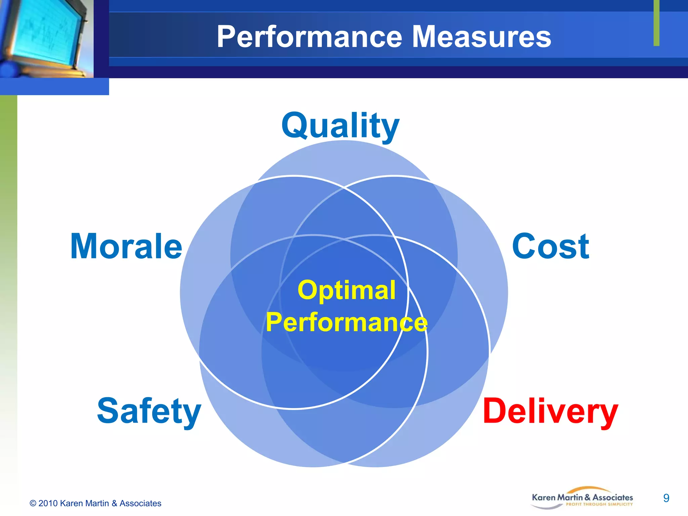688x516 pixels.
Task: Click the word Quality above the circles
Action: (340, 126)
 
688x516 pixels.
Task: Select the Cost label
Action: (550, 247)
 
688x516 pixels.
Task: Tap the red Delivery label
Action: (550, 412)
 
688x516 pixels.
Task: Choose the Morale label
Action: (126, 247)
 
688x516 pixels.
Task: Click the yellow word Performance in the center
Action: (346, 322)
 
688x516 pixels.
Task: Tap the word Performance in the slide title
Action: (309, 37)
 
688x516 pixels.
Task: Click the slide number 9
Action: (666, 498)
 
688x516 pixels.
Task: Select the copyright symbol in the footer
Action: (33, 504)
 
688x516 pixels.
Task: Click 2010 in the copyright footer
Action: (48, 504)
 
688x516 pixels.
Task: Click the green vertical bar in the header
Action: (656, 23)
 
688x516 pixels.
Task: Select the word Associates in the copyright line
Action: (140, 504)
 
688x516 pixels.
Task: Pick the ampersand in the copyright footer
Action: (114, 504)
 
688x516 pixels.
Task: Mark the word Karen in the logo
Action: (544, 498)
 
